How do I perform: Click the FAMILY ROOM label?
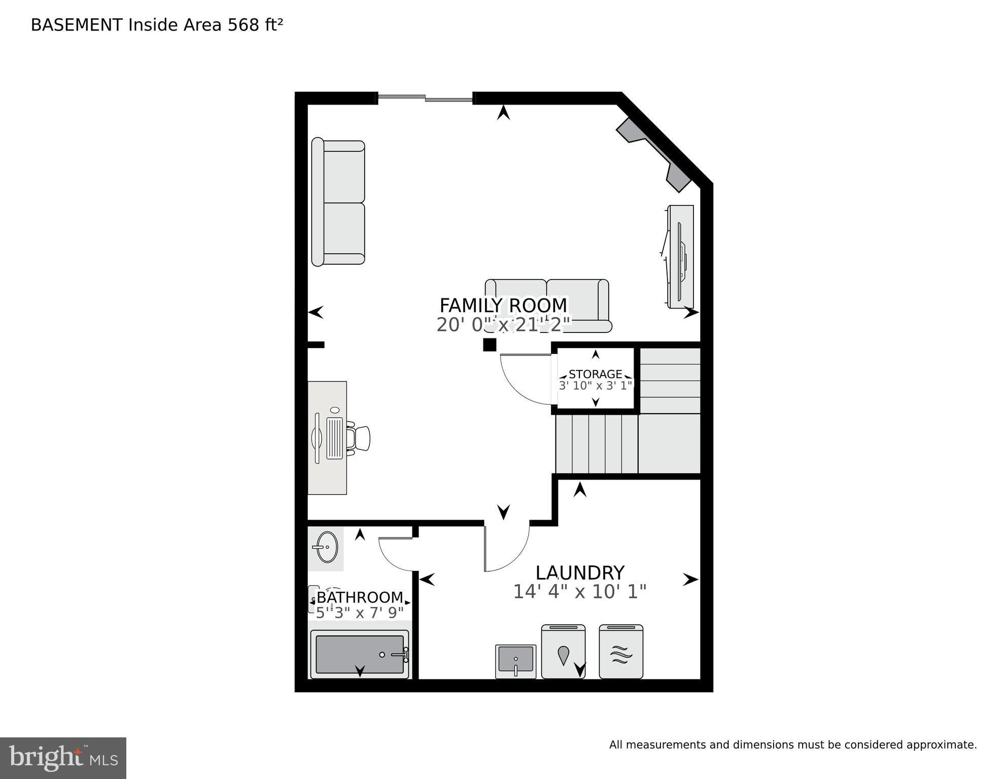[503, 306]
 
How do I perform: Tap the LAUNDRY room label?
[580, 573]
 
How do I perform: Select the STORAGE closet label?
[595, 375]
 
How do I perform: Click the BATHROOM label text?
[360, 597]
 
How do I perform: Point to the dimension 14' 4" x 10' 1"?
[580, 592]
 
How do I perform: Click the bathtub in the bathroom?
[359, 655]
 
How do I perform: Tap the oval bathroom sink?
[326, 547]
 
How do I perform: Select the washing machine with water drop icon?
[563, 652]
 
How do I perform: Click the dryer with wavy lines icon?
[621, 652]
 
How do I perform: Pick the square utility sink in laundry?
[515, 661]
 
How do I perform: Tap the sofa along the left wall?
[338, 203]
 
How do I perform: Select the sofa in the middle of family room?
[548, 304]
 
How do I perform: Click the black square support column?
[490, 345]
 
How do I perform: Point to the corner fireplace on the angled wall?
[654, 155]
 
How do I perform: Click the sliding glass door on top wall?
[425, 98]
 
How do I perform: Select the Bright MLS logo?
[63, 758]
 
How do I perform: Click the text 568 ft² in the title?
[255, 25]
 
